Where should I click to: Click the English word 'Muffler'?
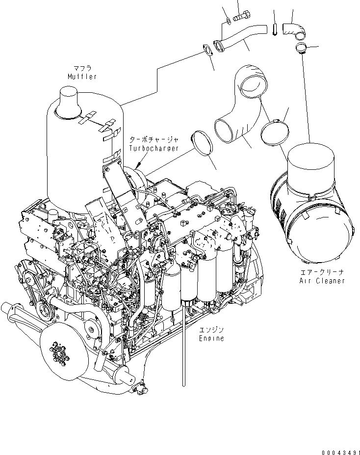coord(82,77)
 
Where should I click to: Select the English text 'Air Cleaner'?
coord(322,281)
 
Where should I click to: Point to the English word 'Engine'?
coord(211,338)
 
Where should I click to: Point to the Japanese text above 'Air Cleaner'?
coord(322,271)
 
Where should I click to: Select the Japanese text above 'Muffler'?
coord(82,68)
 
